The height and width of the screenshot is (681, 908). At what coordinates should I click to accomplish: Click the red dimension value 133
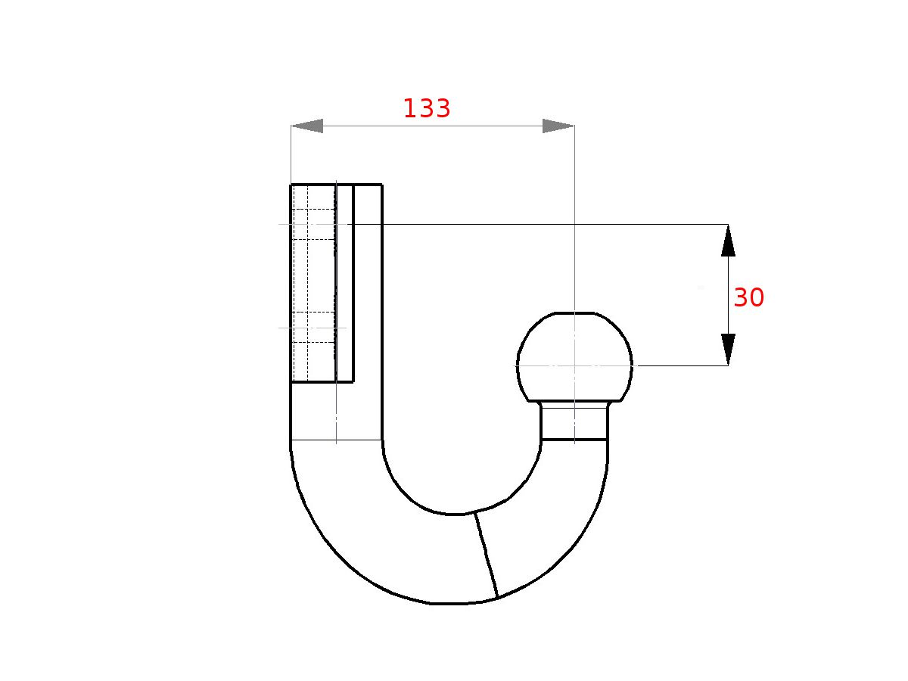pos(426,109)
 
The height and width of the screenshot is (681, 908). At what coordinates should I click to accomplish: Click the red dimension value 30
pos(748,298)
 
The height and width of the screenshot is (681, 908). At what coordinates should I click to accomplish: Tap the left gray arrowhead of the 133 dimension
pos(307,126)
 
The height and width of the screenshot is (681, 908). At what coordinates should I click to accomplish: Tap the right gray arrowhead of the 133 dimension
pos(558,126)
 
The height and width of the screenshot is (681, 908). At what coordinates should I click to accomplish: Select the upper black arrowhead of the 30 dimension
pos(728,240)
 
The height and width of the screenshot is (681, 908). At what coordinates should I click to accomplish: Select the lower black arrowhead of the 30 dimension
pos(728,350)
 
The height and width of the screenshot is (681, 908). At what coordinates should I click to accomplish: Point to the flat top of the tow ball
pos(574,313)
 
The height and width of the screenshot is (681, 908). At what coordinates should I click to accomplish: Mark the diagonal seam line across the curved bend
pos(486,555)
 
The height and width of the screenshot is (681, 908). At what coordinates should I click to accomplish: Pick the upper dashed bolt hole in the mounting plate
pos(313,224)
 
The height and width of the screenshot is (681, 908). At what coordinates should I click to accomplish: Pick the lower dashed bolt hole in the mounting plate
pos(313,327)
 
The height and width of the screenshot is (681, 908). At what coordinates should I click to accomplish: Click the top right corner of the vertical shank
pos(381,185)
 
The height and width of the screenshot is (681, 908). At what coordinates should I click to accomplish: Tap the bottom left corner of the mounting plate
pos(291,382)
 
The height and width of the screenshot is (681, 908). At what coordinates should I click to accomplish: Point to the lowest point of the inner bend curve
pos(454,515)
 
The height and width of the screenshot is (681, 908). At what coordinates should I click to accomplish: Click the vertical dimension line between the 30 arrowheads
pos(728,295)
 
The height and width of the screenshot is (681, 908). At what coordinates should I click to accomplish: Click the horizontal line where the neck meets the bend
pos(574,439)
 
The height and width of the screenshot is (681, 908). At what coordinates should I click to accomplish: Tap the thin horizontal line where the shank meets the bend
pos(337,440)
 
